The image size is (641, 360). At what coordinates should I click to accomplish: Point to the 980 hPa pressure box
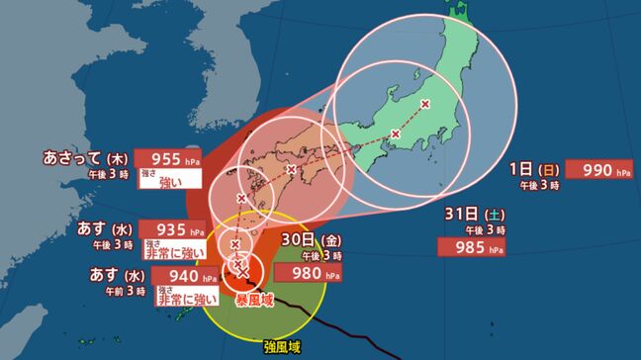point(321,274)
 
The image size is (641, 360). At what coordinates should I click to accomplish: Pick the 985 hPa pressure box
point(474,246)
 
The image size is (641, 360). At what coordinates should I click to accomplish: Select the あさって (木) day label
point(86,157)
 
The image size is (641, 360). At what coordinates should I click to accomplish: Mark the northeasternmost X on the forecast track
point(425,103)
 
